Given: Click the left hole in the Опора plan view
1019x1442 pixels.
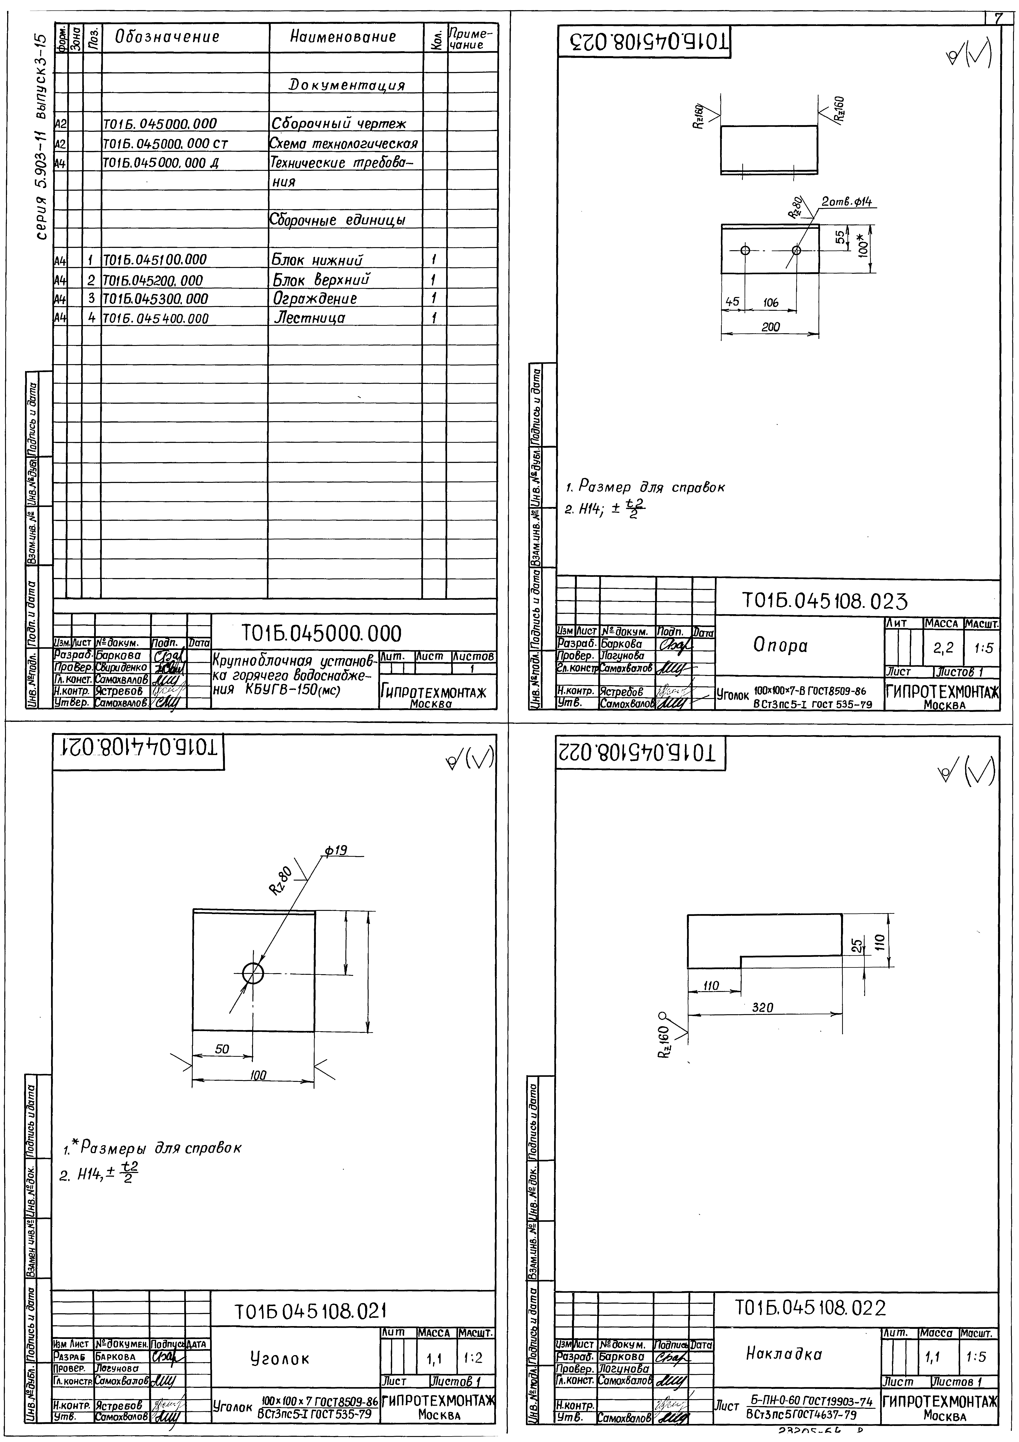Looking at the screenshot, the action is coord(745,250).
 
